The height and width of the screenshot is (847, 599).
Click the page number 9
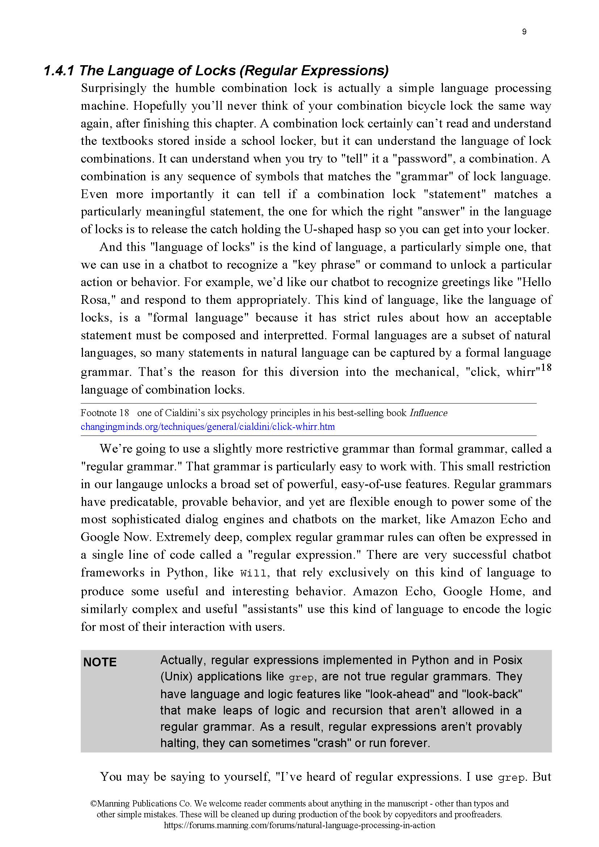[524, 32]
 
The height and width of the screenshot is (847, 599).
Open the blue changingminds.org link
[208, 427]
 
